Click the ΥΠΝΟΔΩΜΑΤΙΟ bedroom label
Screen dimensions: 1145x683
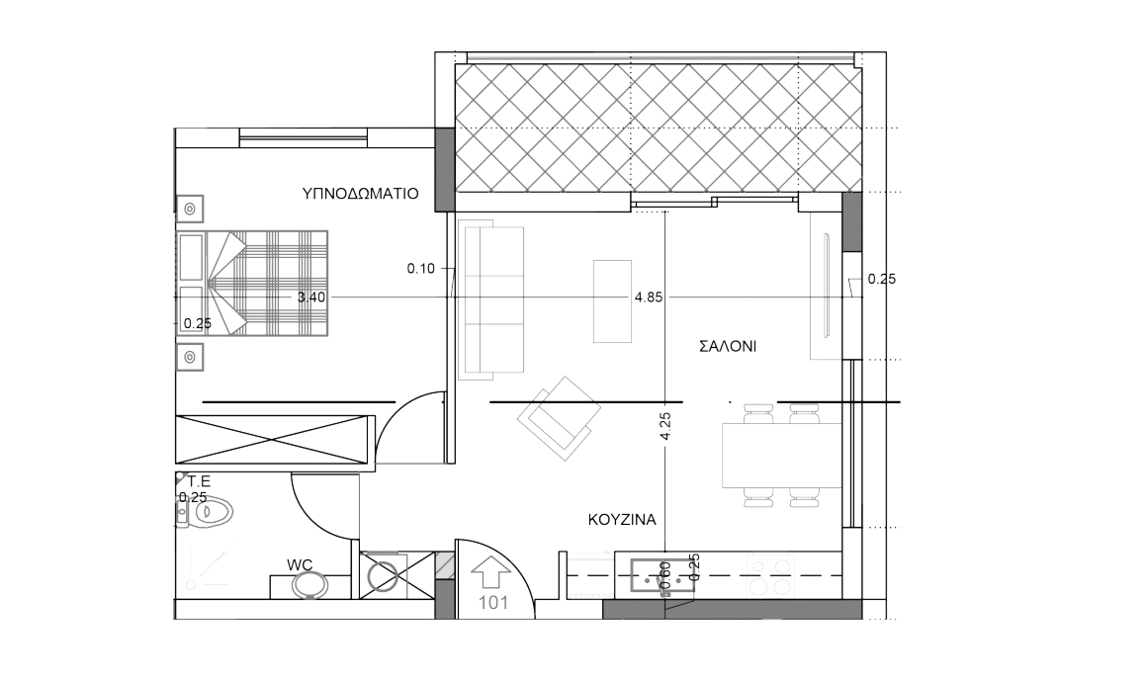[360, 194]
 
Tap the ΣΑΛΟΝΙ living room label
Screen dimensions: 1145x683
[728, 347]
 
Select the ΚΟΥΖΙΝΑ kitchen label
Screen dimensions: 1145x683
[622, 520]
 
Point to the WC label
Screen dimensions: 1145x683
[300, 564]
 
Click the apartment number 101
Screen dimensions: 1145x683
[493, 603]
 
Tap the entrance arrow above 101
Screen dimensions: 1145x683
[490, 571]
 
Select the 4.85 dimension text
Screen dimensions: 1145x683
[649, 297]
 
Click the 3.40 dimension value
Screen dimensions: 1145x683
[311, 297]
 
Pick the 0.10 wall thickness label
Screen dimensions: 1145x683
[420, 269]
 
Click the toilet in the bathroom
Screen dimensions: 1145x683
[206, 511]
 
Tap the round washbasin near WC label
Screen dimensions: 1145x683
[309, 584]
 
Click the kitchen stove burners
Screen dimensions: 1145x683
[770, 576]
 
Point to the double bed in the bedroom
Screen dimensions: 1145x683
[252, 283]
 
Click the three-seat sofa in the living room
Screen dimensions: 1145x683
[490, 302]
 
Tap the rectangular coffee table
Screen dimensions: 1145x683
[612, 300]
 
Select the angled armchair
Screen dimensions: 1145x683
[560, 418]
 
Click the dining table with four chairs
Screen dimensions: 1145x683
[781, 456]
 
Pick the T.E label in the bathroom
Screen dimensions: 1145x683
[199, 481]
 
